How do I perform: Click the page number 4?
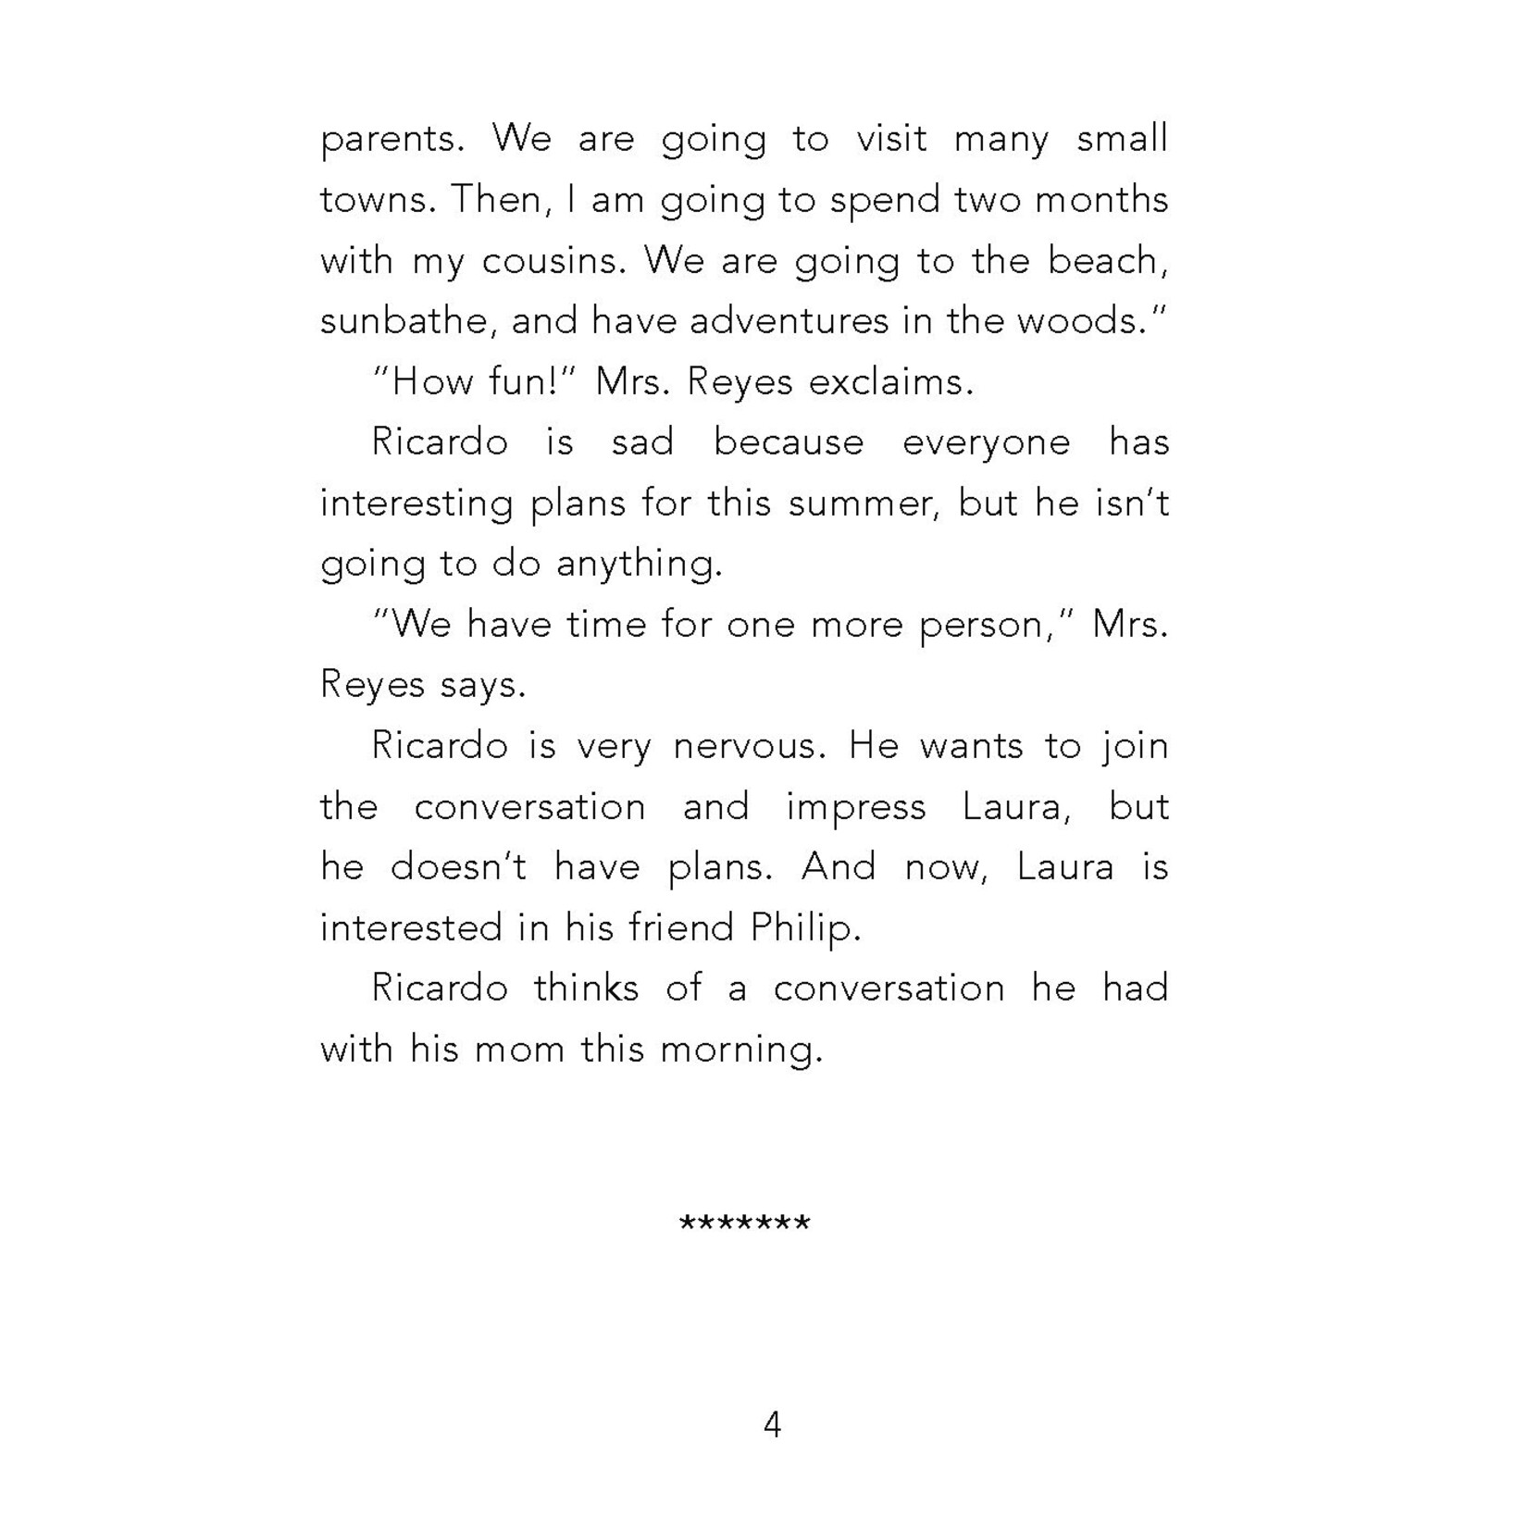(772, 1424)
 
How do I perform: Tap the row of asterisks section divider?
(744, 1224)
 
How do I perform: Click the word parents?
(389, 141)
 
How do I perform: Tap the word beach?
(1107, 262)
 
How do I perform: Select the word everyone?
(986, 443)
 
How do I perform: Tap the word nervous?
(749, 747)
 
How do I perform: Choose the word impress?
(855, 808)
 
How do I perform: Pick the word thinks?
(586, 989)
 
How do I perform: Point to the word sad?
(642, 443)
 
